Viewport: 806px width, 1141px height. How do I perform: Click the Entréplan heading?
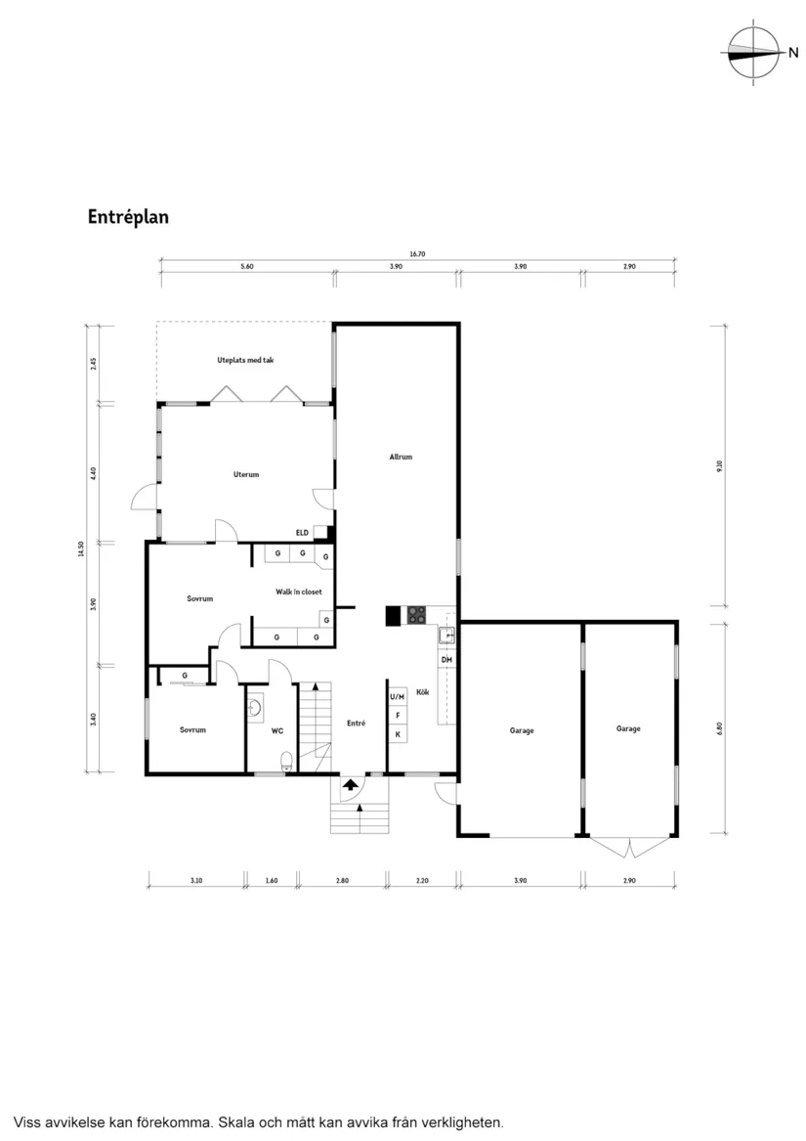tap(128, 217)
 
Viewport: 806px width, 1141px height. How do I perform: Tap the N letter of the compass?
tap(792, 53)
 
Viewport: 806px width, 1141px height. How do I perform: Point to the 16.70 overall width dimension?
tap(417, 254)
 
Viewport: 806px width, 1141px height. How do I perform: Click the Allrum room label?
tap(401, 457)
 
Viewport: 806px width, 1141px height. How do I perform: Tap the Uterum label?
tap(246, 475)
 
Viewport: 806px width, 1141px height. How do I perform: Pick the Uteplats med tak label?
tap(245, 361)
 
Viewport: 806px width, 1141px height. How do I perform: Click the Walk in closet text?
tap(298, 592)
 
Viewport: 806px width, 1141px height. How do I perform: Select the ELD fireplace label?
tap(303, 532)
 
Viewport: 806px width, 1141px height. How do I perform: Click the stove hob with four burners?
tap(417, 615)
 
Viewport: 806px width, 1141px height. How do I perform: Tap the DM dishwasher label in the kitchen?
tap(446, 661)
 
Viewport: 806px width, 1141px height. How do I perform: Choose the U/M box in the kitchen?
tap(398, 697)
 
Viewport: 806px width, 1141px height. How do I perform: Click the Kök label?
tap(423, 692)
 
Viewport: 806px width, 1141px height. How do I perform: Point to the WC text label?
tap(277, 730)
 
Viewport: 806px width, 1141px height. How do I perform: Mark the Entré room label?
tap(356, 724)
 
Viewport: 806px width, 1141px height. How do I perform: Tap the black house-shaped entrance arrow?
tap(350, 784)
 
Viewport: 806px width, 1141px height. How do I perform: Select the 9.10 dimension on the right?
tap(719, 466)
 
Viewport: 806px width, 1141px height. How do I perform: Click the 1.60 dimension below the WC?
tap(272, 881)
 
